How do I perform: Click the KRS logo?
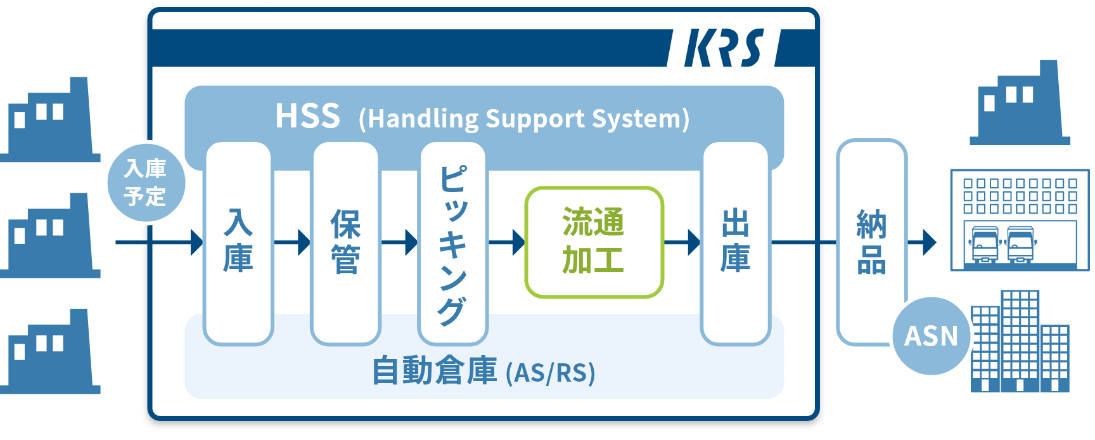coord(724,48)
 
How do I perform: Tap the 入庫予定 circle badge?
coord(146,182)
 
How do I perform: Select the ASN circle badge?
coord(932,336)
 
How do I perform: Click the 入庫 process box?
coord(238,243)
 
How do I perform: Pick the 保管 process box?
coord(345,243)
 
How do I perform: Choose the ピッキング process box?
coord(452,243)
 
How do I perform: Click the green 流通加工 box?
coord(594,242)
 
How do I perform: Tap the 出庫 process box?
coord(735,243)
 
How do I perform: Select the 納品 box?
coord(871,242)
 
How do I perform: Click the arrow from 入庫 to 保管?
coord(292,242)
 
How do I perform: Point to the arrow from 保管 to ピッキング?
coord(399,242)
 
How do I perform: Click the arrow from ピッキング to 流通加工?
coord(506,242)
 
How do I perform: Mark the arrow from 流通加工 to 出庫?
coord(682,242)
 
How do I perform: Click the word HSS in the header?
coord(308,117)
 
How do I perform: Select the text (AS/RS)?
coord(551,373)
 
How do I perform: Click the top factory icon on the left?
coord(50,120)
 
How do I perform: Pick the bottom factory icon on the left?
coord(50,351)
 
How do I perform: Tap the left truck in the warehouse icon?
coord(984,245)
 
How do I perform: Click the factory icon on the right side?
coord(1020,103)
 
